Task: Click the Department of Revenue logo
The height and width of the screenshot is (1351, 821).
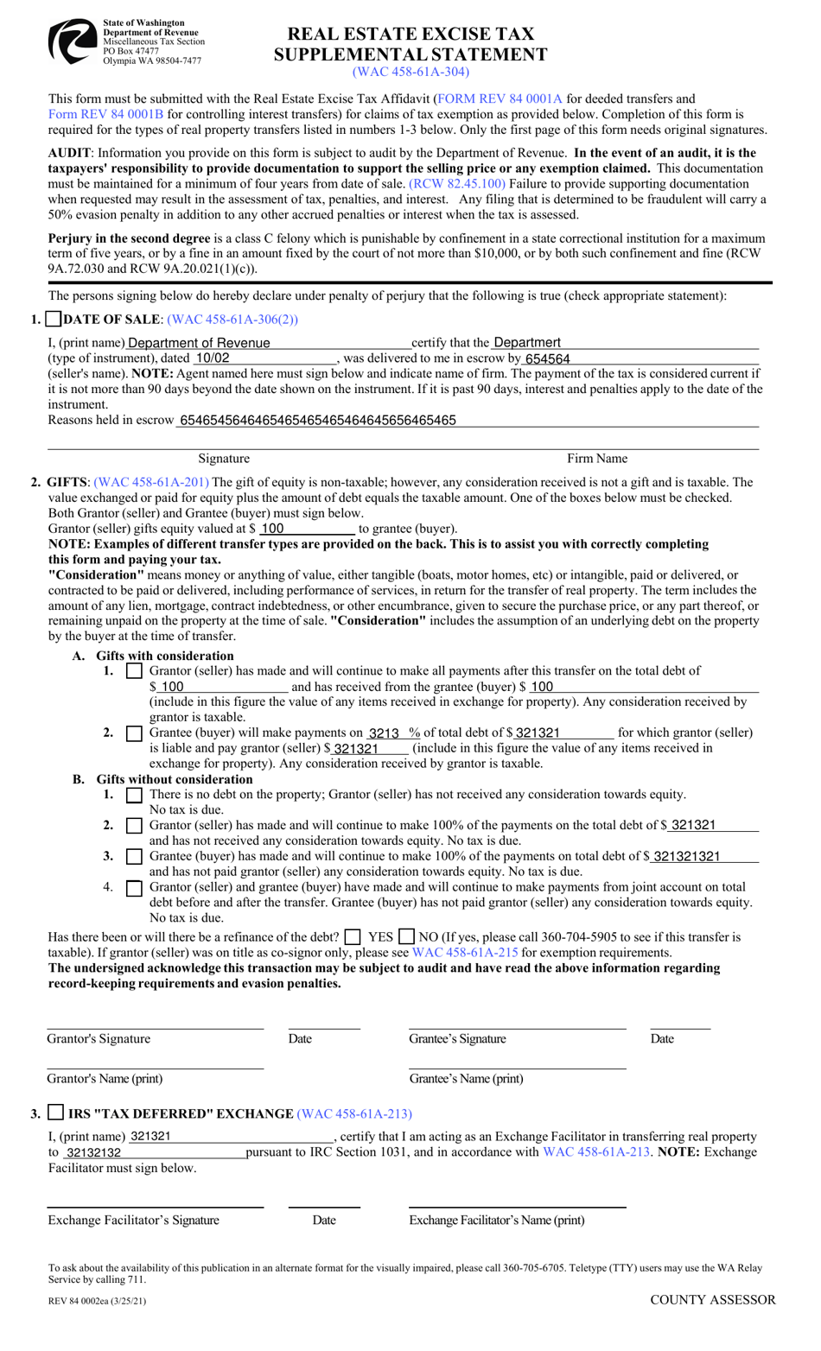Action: click(72, 41)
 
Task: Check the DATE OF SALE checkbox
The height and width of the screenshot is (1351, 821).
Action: click(54, 320)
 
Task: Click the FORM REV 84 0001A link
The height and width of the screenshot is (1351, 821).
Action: click(500, 99)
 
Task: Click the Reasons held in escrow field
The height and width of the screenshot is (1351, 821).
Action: click(467, 421)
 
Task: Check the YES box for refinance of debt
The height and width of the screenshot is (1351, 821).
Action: click(353, 937)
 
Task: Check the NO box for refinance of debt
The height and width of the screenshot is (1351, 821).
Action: click(407, 937)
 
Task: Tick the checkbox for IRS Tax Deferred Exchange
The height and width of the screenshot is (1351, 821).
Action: click(55, 1113)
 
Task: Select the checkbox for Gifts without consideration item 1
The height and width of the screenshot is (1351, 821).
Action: click(134, 795)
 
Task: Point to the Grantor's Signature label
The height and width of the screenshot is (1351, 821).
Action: click(99, 1039)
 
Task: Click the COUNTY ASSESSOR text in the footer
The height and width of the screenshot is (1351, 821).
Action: click(712, 1300)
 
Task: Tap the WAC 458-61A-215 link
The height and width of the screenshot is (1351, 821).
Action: click(465, 953)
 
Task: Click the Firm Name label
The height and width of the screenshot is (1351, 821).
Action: click(597, 459)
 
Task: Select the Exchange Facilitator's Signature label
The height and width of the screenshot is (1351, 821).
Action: click(134, 1221)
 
